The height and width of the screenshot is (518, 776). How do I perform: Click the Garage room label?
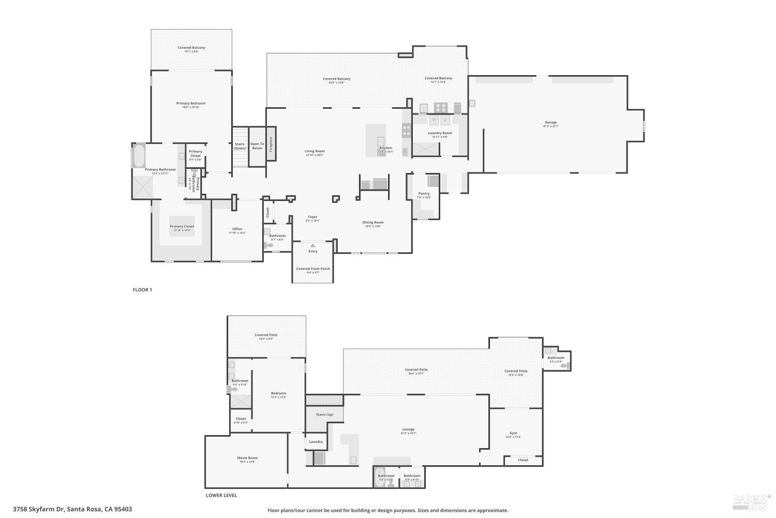pyautogui.click(x=550, y=123)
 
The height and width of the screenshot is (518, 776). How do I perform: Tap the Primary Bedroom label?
pyautogui.click(x=190, y=104)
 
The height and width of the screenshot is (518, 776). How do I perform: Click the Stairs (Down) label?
pyautogui.click(x=240, y=146)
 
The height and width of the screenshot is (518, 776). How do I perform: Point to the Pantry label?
pyautogui.click(x=424, y=194)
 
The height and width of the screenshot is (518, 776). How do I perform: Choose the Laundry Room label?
pyautogui.click(x=440, y=133)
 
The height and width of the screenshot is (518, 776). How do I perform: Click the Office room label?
pyautogui.click(x=237, y=229)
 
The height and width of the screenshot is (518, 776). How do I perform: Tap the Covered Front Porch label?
pyautogui.click(x=313, y=269)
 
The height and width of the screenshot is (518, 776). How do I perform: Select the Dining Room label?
pyautogui.click(x=372, y=223)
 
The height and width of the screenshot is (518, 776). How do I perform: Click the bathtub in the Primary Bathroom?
pyautogui.click(x=139, y=155)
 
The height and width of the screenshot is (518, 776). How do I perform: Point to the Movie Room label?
pyautogui.click(x=247, y=458)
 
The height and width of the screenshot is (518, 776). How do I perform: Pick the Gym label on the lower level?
pyautogui.click(x=513, y=434)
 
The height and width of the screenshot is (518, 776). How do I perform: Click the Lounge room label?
pyautogui.click(x=408, y=429)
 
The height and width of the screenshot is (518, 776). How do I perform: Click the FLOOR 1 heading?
pyautogui.click(x=142, y=290)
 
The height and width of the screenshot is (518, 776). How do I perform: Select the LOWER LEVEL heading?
pyautogui.click(x=221, y=495)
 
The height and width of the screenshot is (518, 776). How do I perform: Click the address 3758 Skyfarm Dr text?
pyautogui.click(x=72, y=509)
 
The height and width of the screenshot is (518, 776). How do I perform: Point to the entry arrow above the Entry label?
pyautogui.click(x=312, y=246)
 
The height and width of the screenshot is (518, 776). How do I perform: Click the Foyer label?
pyautogui.click(x=312, y=217)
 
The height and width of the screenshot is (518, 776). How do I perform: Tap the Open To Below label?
pyautogui.click(x=257, y=146)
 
